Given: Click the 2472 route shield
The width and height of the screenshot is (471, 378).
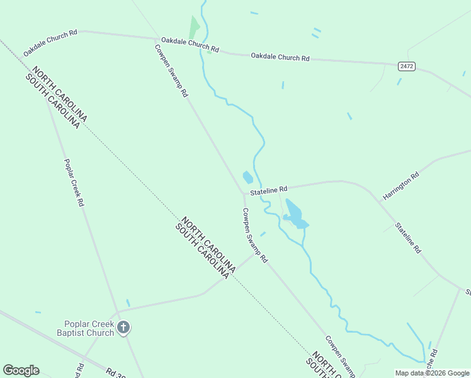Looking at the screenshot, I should click(407, 66).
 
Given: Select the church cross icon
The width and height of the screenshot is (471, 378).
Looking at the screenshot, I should click(123, 327).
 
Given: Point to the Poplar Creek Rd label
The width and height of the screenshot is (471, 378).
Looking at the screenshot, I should click(74, 183).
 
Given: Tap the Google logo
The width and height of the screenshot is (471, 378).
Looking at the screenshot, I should click(21, 370).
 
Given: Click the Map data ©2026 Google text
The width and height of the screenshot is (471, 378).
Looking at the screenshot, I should click(432, 373).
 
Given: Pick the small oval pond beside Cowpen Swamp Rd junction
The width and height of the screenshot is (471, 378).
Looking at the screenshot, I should click(248, 178).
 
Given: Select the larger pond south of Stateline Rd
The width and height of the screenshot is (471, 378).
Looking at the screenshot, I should click(295, 215).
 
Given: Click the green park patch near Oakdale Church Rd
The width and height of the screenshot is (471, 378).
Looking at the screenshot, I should click(195, 28).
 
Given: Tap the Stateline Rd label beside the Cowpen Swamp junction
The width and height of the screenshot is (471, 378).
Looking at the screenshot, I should click(268, 189).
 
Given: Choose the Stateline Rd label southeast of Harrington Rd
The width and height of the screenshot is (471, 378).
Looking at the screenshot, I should click(408, 237).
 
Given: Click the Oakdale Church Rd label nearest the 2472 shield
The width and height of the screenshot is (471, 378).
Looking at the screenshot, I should click(280, 57).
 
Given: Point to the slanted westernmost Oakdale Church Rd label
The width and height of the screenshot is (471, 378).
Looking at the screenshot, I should click(50, 42).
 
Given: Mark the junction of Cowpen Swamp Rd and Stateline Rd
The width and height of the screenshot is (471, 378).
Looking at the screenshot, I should click(242, 193).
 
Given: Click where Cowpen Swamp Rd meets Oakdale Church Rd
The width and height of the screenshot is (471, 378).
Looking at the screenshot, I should click(156, 39).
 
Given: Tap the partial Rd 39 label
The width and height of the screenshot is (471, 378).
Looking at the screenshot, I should click(116, 372).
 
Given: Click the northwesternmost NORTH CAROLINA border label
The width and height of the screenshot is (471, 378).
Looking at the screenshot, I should click(60, 94).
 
